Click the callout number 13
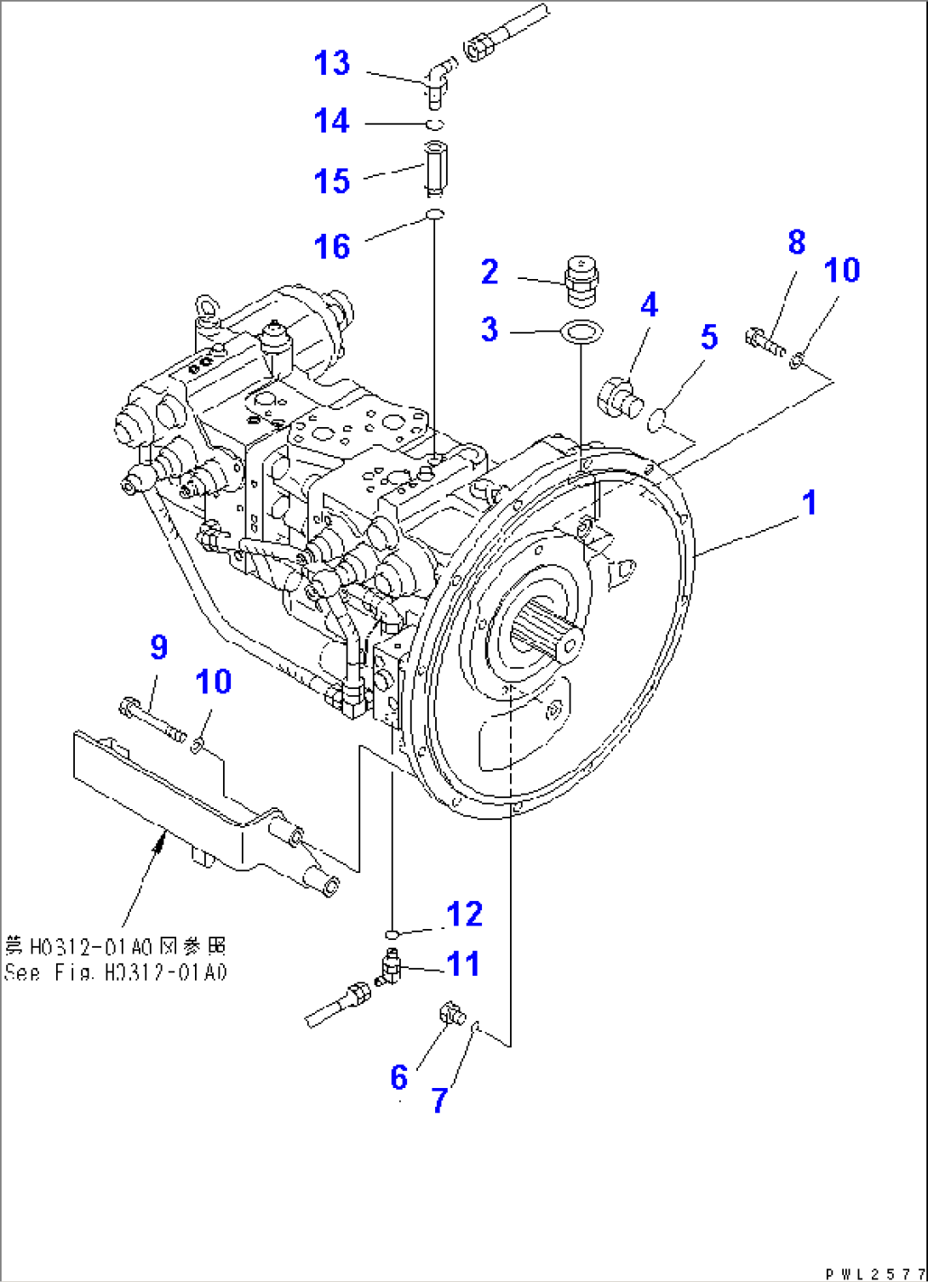[331, 63]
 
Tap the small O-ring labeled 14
[434, 125]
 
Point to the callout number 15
[331, 180]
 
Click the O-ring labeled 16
[434, 214]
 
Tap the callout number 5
[708, 337]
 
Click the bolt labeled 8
[764, 341]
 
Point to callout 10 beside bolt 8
[841, 271]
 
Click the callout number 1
[809, 502]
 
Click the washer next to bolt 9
[198, 746]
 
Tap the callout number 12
[464, 914]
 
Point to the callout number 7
[438, 1100]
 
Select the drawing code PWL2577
[875, 1273]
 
